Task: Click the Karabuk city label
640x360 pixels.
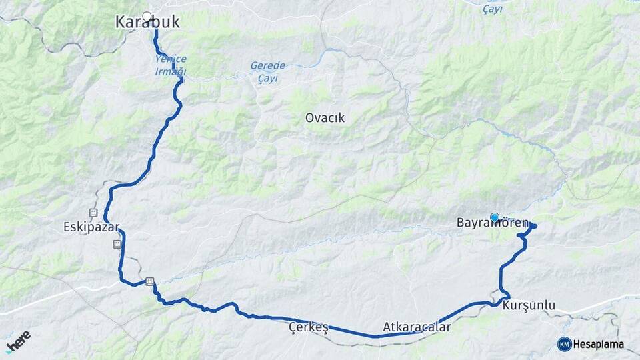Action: tap(147, 22)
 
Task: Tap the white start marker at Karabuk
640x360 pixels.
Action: tap(147, 17)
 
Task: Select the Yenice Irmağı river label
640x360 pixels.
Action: tap(171, 65)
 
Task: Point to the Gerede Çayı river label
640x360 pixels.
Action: tap(267, 71)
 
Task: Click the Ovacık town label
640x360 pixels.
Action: tap(325, 118)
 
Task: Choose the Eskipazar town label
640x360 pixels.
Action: tap(91, 227)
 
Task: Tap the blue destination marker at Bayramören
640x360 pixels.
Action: tap(495, 217)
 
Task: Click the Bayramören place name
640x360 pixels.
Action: tap(493, 223)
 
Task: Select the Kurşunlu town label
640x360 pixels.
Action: tap(529, 305)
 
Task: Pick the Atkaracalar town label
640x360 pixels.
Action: tap(417, 327)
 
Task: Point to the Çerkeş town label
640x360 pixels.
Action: tap(309, 327)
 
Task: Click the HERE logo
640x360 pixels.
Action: tap(17, 341)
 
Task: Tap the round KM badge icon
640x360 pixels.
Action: tap(564, 344)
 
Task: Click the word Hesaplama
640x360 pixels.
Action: tap(599, 344)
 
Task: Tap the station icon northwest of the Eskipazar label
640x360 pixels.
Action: tap(93, 213)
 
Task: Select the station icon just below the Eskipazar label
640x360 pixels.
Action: tap(117, 244)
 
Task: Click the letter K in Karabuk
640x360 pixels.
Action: tap(121, 22)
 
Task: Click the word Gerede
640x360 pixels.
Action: tap(267, 65)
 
